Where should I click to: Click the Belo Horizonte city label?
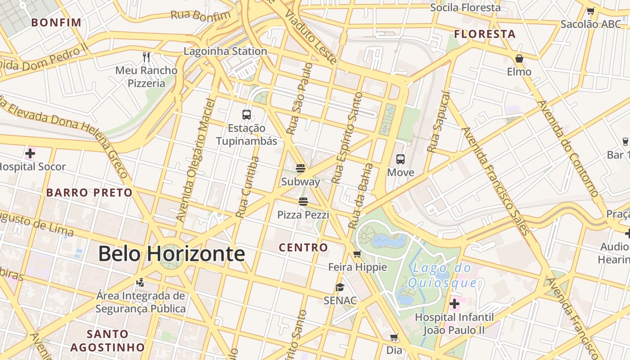tap(171, 254)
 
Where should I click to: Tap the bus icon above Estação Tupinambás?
tap(246, 114)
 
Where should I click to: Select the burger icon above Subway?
tap(301, 168)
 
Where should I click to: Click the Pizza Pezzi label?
tap(303, 215)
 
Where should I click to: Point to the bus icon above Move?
tap(400, 159)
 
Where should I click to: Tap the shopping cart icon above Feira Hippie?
tap(357, 254)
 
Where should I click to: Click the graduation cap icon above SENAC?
tap(340, 287)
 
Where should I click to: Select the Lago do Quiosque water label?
tap(442, 276)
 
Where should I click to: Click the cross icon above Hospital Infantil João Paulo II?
tap(454, 304)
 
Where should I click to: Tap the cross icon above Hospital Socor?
tap(30, 153)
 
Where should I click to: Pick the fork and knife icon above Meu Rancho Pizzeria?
tap(146, 57)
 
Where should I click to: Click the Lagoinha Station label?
tap(225, 51)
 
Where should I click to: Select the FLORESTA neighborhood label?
tap(485, 34)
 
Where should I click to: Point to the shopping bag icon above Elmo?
tap(519, 58)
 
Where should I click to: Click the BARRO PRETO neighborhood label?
tap(90, 193)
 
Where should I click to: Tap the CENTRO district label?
tap(303, 247)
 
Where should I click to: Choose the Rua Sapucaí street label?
tap(439, 121)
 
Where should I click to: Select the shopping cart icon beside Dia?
tap(394, 337)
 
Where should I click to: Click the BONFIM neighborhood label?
tap(56, 22)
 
